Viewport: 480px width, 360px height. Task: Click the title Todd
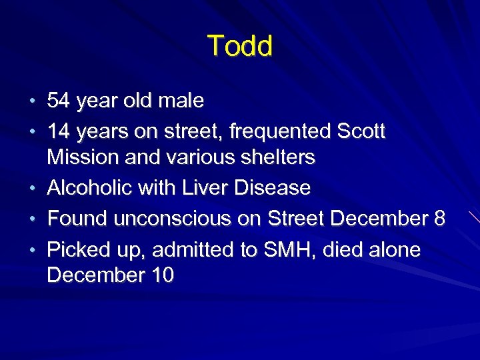click(240, 47)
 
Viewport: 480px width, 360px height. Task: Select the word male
click(181, 101)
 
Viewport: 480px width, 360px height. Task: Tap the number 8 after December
click(438, 219)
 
